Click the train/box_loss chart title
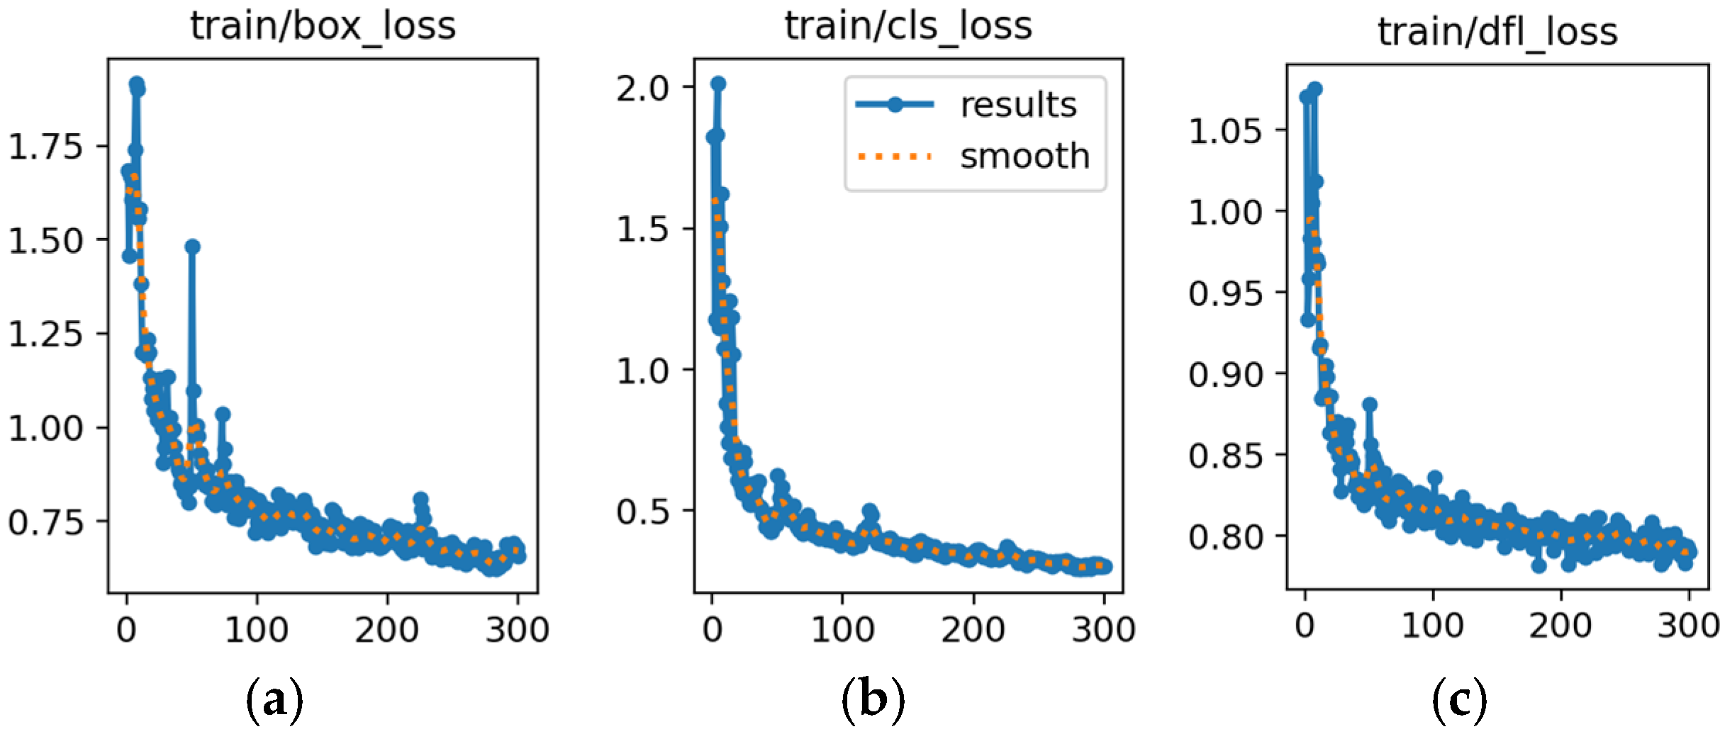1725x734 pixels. pos(323,27)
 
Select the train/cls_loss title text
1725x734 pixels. pos(908,27)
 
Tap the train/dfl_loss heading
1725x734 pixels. pos(1497,33)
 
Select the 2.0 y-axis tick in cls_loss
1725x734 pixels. pos(642,89)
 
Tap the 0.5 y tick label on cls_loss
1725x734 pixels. pos(642,511)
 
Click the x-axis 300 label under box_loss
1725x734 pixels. pos(517,629)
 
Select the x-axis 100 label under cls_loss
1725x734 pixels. pos(842,629)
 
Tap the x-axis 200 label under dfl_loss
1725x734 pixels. pos(1561,626)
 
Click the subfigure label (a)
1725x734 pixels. pos(274,700)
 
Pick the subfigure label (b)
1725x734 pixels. pos(873,700)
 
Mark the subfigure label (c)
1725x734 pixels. pos(1459,700)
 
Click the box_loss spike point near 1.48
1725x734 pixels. pos(192,247)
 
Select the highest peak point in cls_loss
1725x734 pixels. pos(718,84)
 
